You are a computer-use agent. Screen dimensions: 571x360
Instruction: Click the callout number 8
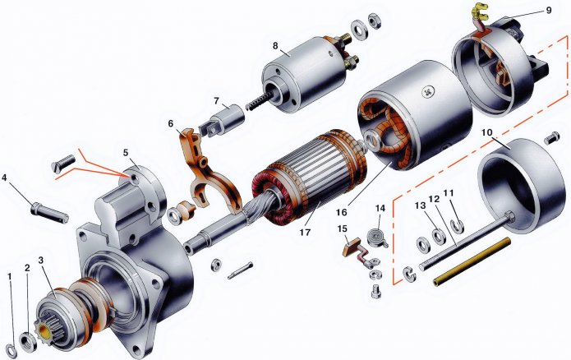coord(275,45)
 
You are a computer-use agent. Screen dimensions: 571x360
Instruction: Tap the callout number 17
coord(305,232)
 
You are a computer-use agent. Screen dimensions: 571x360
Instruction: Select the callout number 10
coord(487,132)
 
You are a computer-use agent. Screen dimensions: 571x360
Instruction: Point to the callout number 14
coord(380,208)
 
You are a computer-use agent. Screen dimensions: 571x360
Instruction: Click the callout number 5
coord(126,152)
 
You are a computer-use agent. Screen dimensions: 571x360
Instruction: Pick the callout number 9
coord(549,10)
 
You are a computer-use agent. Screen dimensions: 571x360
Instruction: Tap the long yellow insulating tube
coord(472,261)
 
